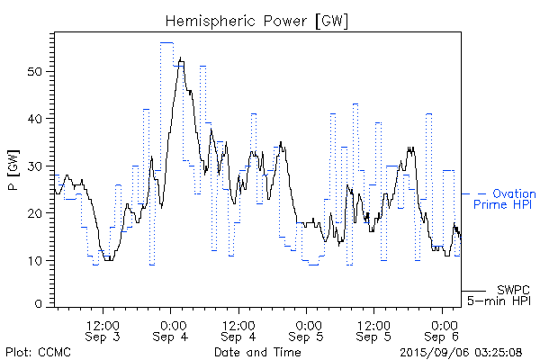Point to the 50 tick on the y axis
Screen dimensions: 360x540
coord(40,71)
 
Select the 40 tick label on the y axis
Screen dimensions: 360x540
coord(40,119)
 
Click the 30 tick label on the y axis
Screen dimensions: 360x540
coord(40,166)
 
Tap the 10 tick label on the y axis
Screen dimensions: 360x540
coord(40,260)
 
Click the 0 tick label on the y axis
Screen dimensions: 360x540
coord(44,305)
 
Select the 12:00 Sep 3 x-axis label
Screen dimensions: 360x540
coord(103,329)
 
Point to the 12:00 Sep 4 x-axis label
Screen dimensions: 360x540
coord(238,329)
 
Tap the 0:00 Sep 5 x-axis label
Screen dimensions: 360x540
coord(307,329)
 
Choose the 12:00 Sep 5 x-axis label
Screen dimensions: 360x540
coord(374,329)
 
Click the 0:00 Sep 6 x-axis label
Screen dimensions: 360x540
coord(442,329)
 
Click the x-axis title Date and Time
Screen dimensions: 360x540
coord(257,351)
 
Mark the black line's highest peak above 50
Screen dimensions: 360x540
coord(181,58)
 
